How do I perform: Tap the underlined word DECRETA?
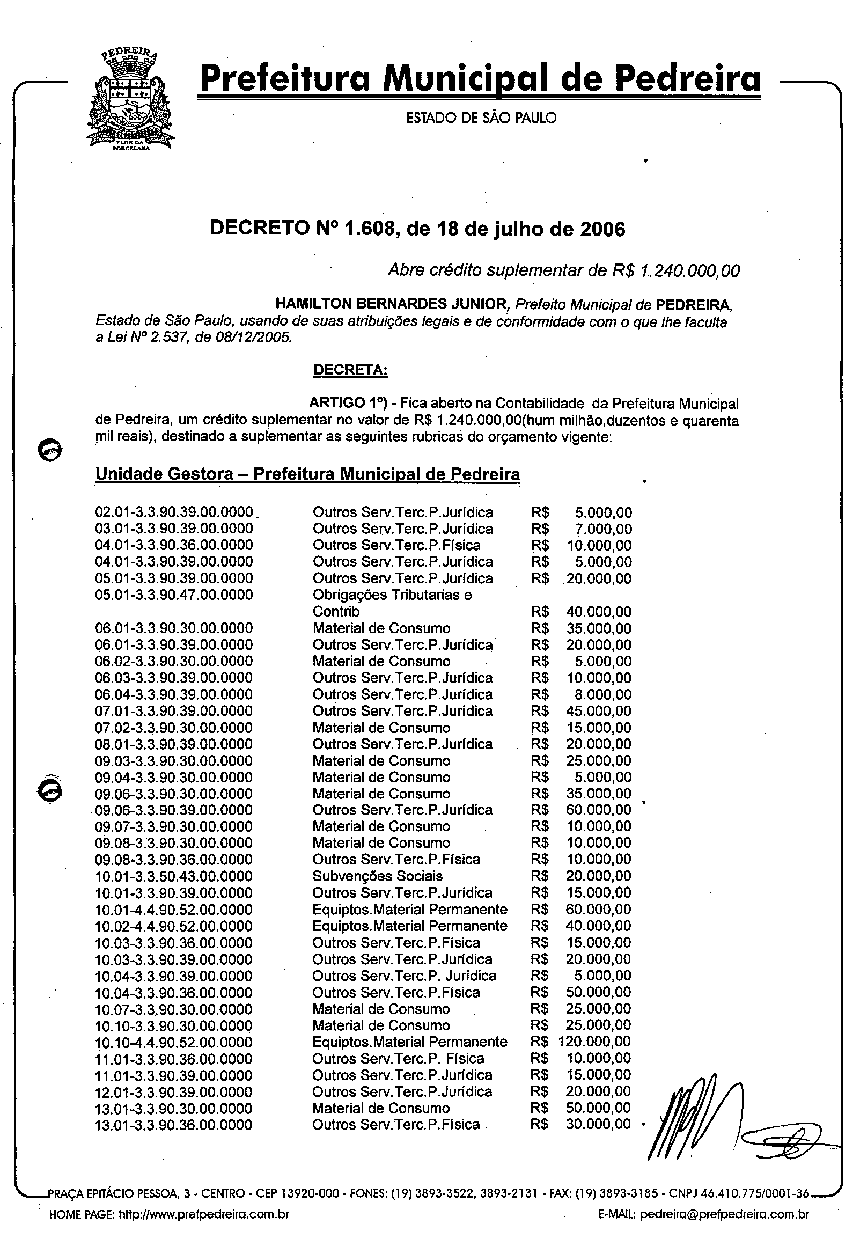coord(350,370)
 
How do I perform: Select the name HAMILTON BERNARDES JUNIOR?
coord(393,304)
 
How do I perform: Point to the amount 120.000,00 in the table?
coord(594,1042)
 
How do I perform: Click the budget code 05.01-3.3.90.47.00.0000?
coord(174,595)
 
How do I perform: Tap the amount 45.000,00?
coord(599,711)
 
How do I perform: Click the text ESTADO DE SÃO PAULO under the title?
coord(481,118)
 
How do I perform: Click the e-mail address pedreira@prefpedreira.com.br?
coord(724,1215)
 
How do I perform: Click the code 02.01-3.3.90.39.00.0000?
coord(174,512)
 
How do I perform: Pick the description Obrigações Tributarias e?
coord(392,595)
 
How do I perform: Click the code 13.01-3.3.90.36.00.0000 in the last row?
coord(173,1125)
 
